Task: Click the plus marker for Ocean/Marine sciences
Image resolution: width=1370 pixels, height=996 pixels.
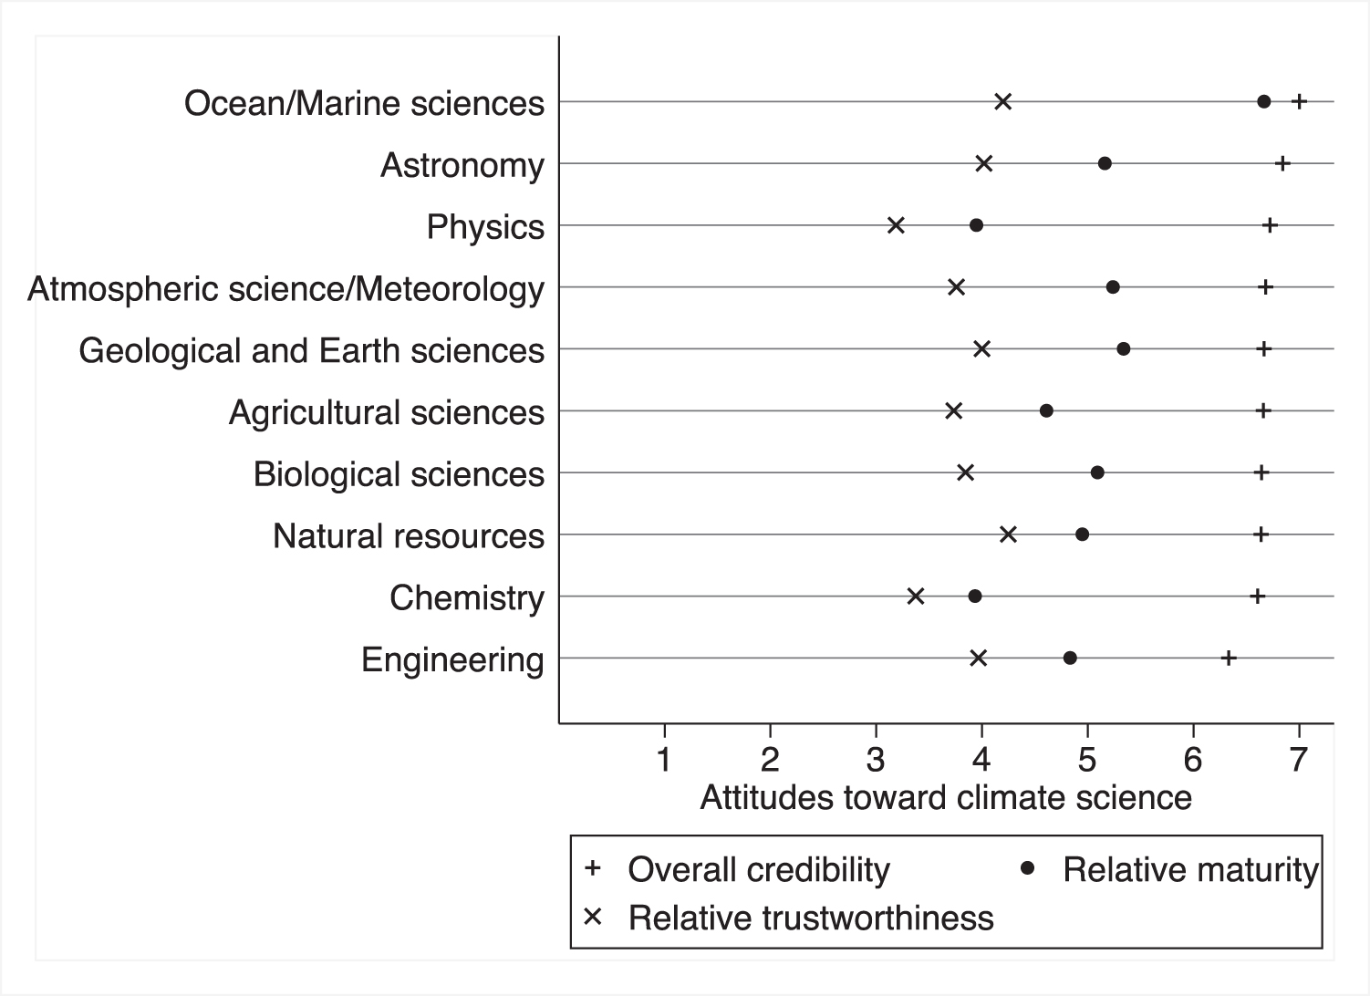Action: pyautogui.click(x=1300, y=101)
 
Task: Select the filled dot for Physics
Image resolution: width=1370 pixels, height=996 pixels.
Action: pyautogui.click(x=976, y=225)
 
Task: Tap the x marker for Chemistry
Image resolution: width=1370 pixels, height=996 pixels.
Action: pyautogui.click(x=916, y=597)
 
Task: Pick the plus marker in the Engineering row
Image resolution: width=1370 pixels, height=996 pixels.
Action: pyautogui.click(x=1229, y=659)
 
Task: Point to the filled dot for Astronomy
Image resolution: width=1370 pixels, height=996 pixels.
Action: pyautogui.click(x=1105, y=163)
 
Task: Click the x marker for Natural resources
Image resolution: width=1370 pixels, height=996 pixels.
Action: pyautogui.click(x=1008, y=534)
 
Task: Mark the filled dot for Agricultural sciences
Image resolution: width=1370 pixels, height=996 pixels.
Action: pyautogui.click(x=1046, y=411)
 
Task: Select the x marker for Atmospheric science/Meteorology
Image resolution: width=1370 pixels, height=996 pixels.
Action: pyautogui.click(x=956, y=287)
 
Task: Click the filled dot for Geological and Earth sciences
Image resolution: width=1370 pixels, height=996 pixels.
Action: pyautogui.click(x=1124, y=349)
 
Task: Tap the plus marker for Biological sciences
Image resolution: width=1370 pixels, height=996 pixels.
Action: pyautogui.click(x=1261, y=472)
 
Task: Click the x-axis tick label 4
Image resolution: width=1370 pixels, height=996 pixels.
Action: pyautogui.click(x=981, y=759)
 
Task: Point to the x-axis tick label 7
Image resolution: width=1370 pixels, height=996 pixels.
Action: pyautogui.click(x=1298, y=759)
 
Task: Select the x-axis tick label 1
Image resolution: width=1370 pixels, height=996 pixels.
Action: pyautogui.click(x=665, y=759)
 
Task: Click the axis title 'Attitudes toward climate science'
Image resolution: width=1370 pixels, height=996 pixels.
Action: pyautogui.click(x=946, y=798)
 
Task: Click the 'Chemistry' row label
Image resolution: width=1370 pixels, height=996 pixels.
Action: pyautogui.click(x=466, y=598)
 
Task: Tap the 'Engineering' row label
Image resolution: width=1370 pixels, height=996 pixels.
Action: pyautogui.click(x=452, y=659)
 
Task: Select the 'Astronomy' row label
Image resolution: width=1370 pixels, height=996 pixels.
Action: pyautogui.click(x=462, y=166)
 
